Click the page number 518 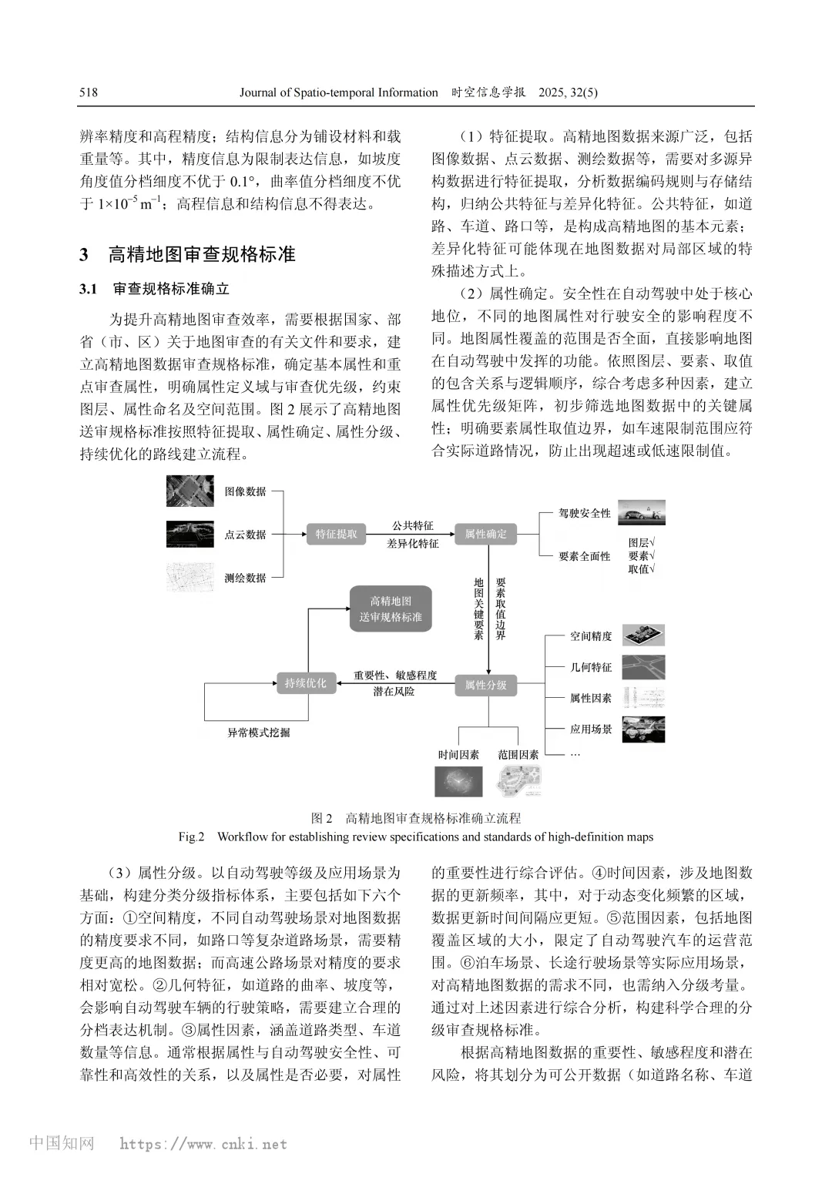[89, 92]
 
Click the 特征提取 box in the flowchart [336, 534]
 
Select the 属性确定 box [485, 534]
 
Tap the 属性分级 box [485, 684]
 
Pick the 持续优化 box [306, 683]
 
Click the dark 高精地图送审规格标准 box [391, 609]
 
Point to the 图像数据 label [245, 491]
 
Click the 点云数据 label [245, 535]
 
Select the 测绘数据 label [245, 578]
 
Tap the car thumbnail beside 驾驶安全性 [642, 512]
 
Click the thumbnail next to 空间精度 [642, 635]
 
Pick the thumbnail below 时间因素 [458, 782]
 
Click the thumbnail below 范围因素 [518, 782]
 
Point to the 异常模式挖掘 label [259, 733]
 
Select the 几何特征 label [591, 667]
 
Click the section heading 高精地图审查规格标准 [202, 254]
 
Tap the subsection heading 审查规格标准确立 [171, 289]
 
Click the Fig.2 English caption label [191, 837]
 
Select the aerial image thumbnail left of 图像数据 [190, 491]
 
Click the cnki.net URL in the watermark [203, 1145]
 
